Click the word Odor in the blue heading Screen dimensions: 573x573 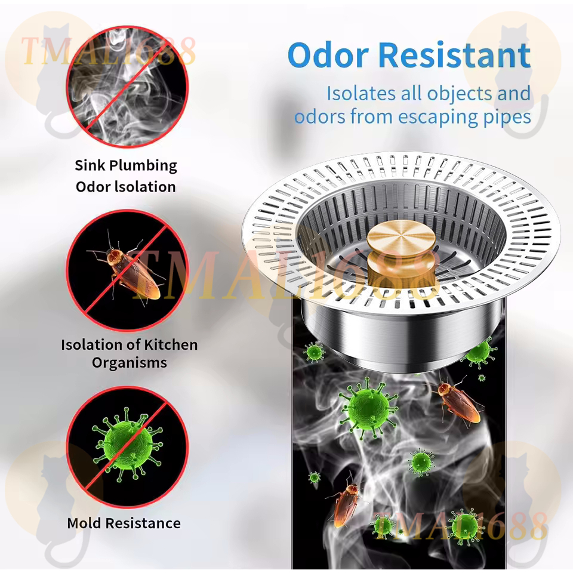(x=328, y=55)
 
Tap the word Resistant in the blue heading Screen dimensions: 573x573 (x=454, y=55)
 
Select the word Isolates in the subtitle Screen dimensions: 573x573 (x=361, y=93)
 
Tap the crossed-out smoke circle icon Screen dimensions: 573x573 (x=127, y=87)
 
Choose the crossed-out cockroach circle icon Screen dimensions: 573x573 (x=127, y=270)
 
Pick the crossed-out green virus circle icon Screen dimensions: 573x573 (x=127, y=447)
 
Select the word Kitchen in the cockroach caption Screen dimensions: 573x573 (x=171, y=344)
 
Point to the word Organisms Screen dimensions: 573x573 (x=130, y=363)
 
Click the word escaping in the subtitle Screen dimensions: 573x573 (x=438, y=118)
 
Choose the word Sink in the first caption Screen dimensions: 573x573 (x=90, y=165)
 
